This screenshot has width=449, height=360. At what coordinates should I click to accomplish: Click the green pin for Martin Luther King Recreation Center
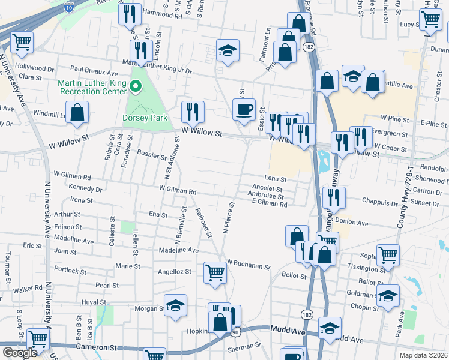click(135, 88)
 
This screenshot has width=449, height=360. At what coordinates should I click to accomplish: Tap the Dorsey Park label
click(145, 118)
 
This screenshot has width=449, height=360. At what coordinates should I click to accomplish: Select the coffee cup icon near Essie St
click(244, 109)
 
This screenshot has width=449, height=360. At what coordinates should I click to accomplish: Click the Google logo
click(20, 352)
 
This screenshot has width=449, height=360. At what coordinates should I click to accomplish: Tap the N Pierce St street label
click(227, 220)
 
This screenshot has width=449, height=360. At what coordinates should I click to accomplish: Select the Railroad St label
click(205, 223)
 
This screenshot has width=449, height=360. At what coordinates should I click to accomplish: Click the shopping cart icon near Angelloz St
click(215, 272)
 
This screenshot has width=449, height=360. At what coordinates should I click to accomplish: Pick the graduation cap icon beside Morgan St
click(175, 306)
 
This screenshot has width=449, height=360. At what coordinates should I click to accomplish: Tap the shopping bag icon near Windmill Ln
click(77, 112)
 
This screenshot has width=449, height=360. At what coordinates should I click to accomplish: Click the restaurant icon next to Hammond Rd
click(130, 13)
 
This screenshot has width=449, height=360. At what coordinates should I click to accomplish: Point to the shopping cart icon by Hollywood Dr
click(22, 42)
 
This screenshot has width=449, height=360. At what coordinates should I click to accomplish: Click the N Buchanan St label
click(249, 263)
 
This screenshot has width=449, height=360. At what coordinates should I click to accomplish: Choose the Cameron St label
click(96, 347)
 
